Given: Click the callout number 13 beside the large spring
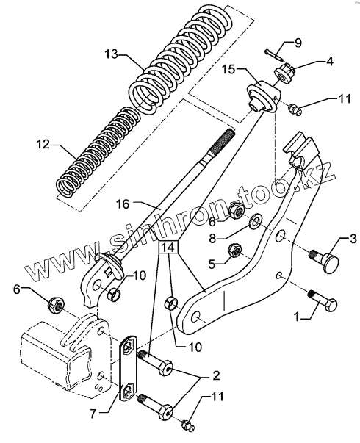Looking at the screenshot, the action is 112,54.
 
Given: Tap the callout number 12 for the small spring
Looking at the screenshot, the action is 43,145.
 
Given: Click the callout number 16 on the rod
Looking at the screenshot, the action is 123,204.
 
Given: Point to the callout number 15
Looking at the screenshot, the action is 228,70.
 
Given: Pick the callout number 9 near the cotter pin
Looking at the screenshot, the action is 298,43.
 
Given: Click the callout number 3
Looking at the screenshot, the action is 353,239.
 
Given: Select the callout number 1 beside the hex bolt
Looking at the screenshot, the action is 296,317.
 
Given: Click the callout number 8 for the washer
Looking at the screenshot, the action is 212,238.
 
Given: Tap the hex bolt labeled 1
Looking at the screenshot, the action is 323,301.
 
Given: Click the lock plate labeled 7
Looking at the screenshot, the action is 128,367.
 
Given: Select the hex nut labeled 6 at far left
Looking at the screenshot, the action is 57,304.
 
